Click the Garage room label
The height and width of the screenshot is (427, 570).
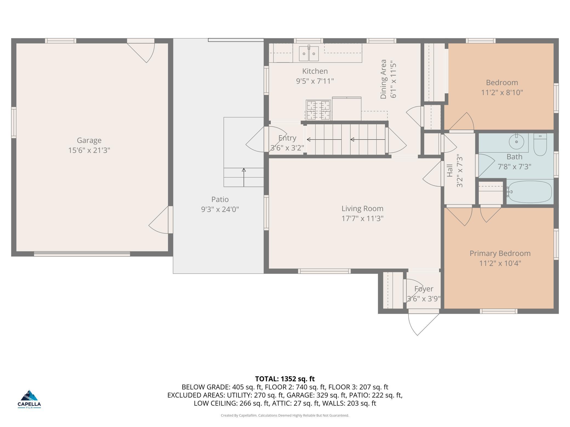[x=89, y=140]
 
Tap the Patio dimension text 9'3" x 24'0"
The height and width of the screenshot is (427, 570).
[x=220, y=209]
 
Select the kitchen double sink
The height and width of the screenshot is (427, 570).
[x=309, y=53]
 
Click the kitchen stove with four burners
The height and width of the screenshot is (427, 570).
[x=318, y=110]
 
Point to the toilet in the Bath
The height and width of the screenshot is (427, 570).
[x=540, y=144]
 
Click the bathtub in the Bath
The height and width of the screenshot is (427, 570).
[x=529, y=192]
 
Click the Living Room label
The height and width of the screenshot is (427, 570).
[x=362, y=209]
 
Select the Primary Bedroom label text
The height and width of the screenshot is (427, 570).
[x=500, y=253]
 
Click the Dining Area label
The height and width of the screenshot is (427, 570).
[x=383, y=79]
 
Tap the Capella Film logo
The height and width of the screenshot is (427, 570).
[x=29, y=399]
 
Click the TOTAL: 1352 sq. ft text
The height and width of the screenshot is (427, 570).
[x=285, y=379]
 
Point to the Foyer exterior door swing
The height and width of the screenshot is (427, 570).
[x=423, y=324]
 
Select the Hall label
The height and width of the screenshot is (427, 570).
[x=450, y=171]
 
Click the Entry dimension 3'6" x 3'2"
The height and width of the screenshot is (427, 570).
[x=287, y=148]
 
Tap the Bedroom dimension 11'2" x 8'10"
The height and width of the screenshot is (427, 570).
[x=502, y=93]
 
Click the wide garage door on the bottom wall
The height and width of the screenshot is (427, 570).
[x=82, y=254]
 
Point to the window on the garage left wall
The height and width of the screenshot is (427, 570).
[x=14, y=122]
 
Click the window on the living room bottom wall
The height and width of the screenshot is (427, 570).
[x=324, y=271]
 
